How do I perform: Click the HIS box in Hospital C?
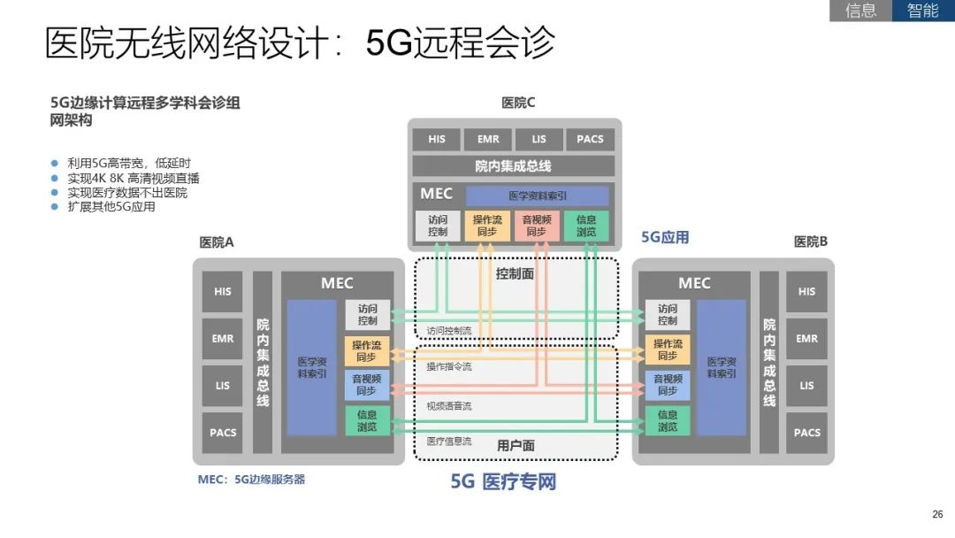pyautogui.click(x=437, y=139)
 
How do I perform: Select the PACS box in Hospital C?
pyautogui.click(x=590, y=139)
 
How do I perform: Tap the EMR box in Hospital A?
pyautogui.click(x=223, y=339)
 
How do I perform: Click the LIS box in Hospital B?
pyautogui.click(x=806, y=386)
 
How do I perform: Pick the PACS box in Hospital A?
pyautogui.click(x=223, y=433)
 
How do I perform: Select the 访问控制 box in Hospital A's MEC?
pyautogui.click(x=367, y=315)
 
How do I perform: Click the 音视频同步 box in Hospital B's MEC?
pyautogui.click(x=668, y=385)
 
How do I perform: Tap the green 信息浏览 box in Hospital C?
pyautogui.click(x=585, y=226)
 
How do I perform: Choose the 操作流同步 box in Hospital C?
pyautogui.click(x=486, y=226)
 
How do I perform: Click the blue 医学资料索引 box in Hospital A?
pyautogui.click(x=312, y=367)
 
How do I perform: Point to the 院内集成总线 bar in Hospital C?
pyautogui.click(x=513, y=166)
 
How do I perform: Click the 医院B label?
pyautogui.click(x=810, y=242)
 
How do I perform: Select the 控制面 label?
pyautogui.click(x=515, y=274)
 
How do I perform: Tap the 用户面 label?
pyautogui.click(x=516, y=445)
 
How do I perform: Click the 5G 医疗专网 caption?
pyautogui.click(x=503, y=482)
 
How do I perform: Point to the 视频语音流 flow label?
pyautogui.click(x=449, y=406)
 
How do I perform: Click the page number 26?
pyautogui.click(x=937, y=514)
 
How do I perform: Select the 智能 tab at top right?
pyautogui.click(x=923, y=11)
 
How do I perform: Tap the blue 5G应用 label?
pyautogui.click(x=665, y=237)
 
